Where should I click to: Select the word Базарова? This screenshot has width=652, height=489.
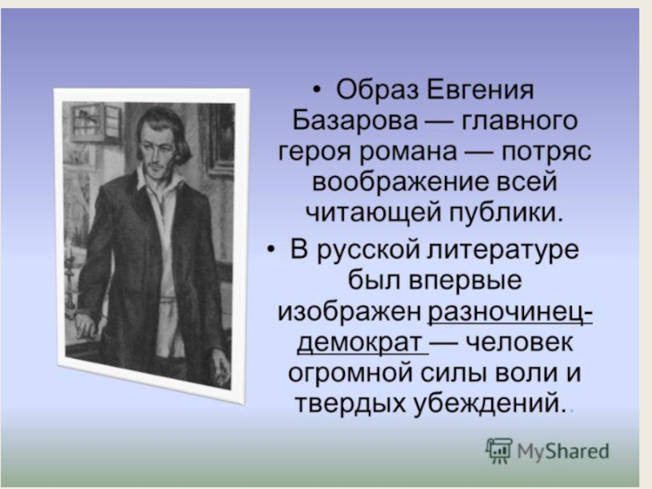point(355,121)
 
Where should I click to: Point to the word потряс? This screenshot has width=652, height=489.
point(546,152)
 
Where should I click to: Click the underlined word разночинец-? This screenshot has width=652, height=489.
point(510,311)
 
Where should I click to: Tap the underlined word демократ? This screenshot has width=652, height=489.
point(359,343)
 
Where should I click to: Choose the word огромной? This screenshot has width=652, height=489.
point(350,374)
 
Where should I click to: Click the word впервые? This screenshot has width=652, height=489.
point(465,280)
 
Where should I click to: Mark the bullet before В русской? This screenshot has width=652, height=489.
point(271,250)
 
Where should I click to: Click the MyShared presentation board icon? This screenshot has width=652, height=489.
point(499,450)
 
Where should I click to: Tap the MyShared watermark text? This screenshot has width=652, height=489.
point(562,451)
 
